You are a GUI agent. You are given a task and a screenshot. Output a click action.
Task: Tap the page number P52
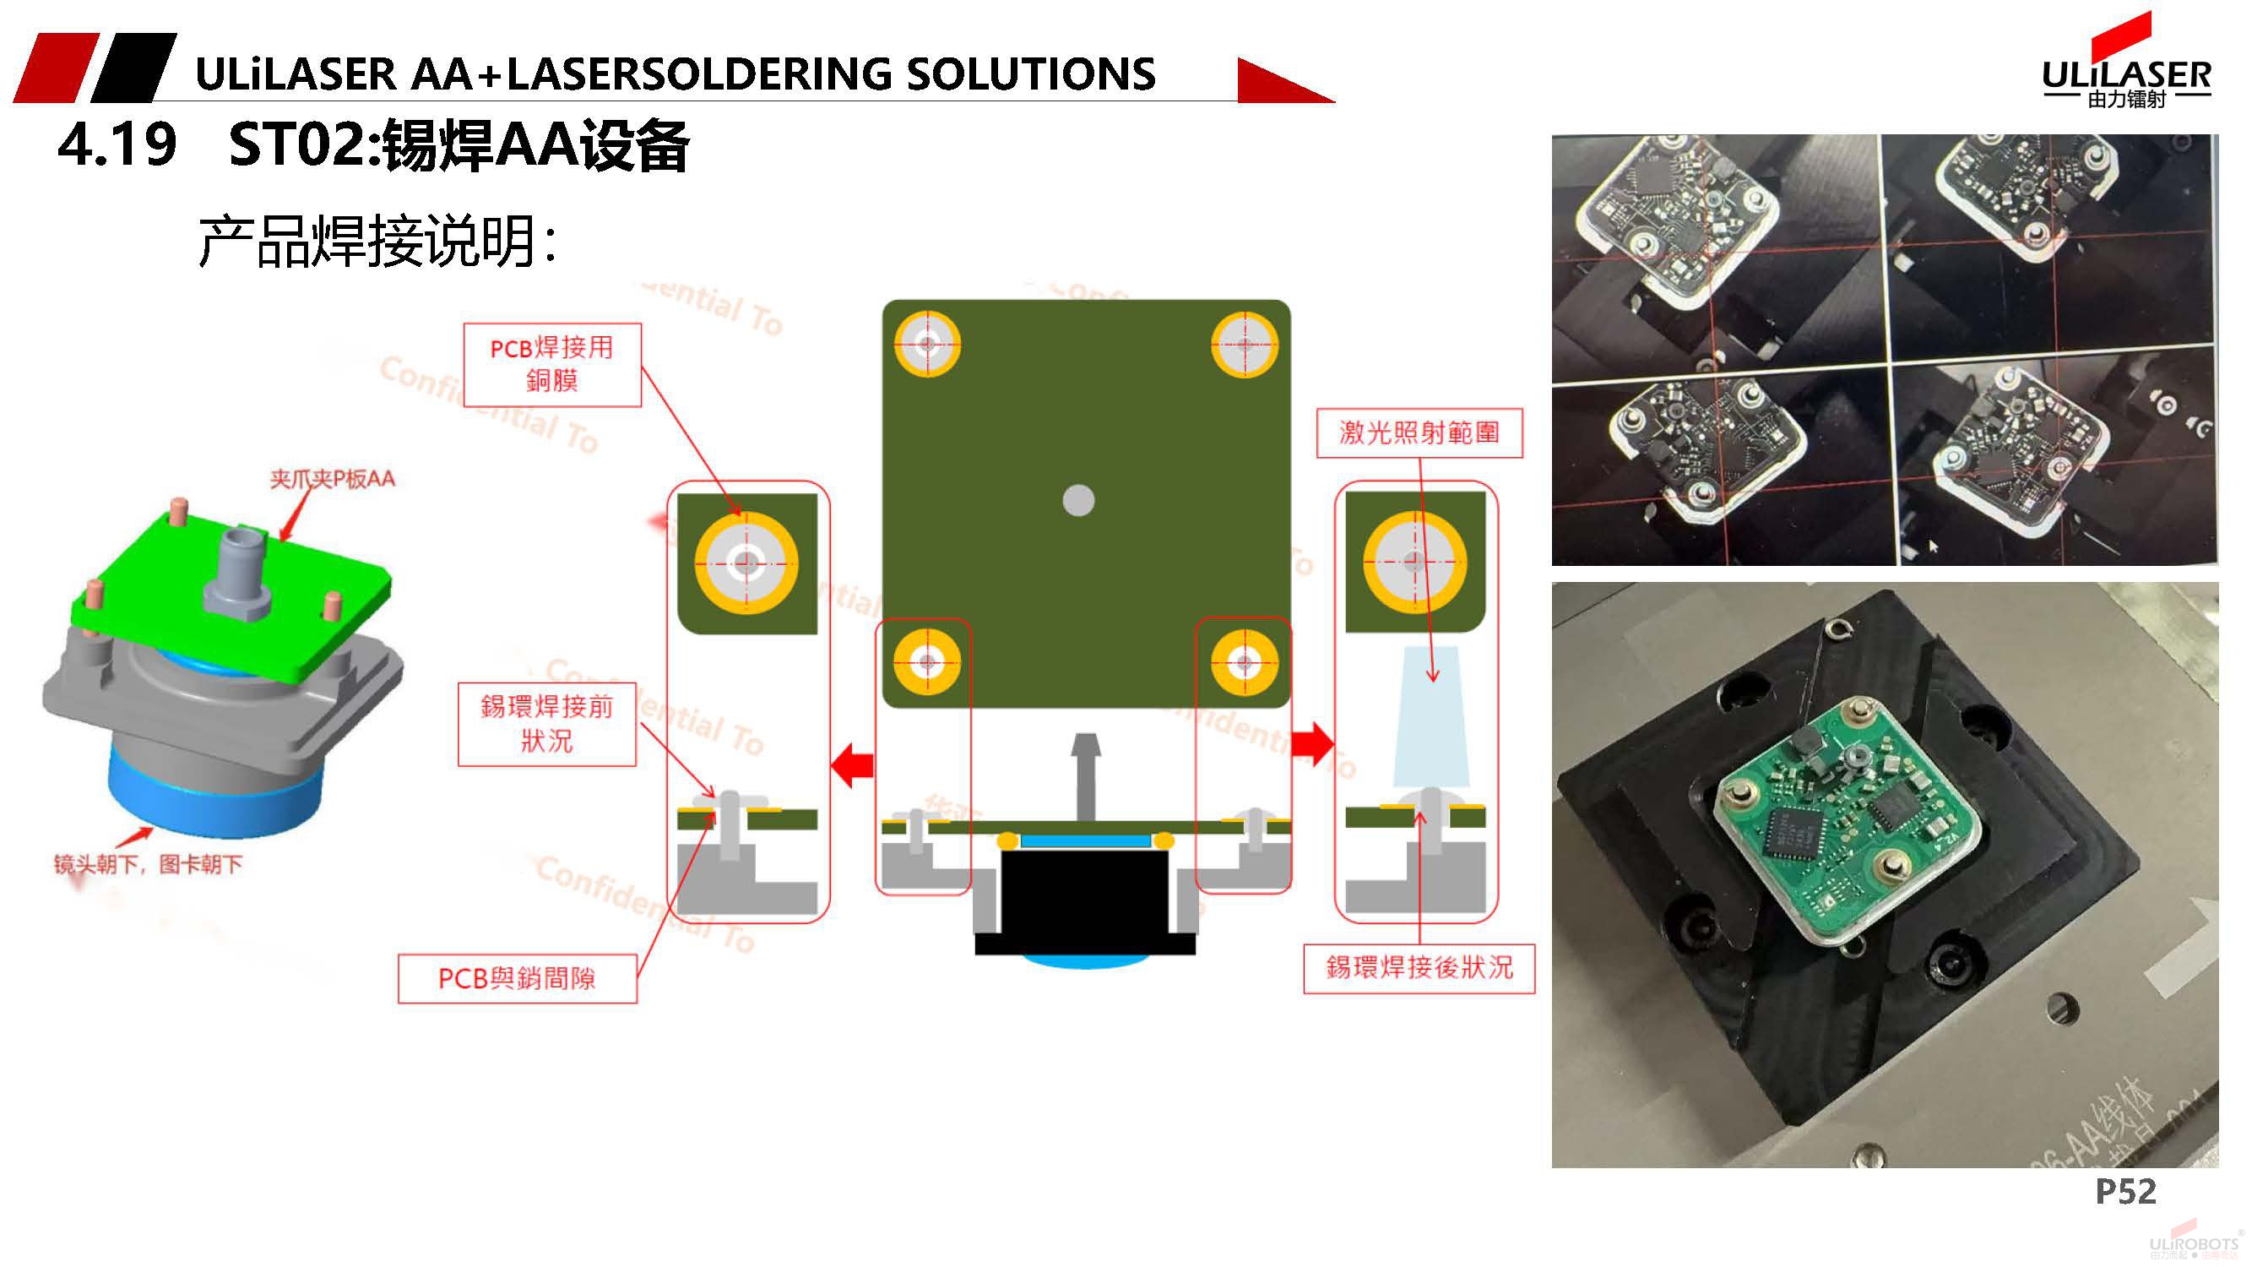point(2125,1191)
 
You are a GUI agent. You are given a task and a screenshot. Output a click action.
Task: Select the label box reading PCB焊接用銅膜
point(551,365)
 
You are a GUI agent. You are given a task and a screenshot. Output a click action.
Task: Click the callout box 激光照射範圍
point(1419,432)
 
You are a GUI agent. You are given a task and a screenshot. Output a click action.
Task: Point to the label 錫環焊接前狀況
point(546,724)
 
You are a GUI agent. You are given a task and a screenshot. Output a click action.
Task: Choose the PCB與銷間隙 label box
point(517,978)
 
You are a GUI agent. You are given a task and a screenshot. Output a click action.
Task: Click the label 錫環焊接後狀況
point(1418,968)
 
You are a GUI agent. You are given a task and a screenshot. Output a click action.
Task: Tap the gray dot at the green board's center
point(1078,501)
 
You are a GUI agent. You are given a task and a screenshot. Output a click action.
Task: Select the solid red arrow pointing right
point(1311,744)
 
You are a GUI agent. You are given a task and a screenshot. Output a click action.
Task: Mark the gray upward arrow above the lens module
point(1086,774)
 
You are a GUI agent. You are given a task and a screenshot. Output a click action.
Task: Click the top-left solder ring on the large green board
point(926,345)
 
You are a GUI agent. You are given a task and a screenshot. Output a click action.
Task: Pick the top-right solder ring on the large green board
point(1244,345)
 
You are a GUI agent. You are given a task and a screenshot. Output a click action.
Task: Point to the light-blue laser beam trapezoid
point(1431,717)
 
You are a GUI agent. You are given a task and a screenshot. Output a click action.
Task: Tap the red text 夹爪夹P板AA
point(332,479)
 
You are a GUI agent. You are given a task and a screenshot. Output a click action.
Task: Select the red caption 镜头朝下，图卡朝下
point(148,865)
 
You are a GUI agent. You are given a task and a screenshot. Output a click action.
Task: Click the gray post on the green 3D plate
point(237,573)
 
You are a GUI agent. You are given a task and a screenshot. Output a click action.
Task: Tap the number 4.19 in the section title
point(117,145)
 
